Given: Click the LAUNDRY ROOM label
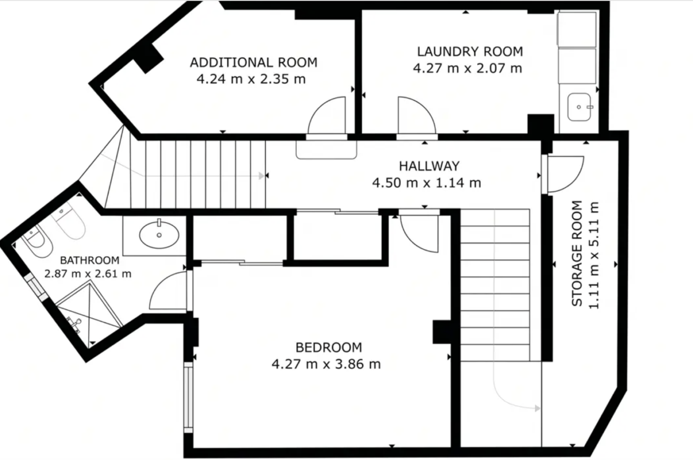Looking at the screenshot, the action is click(x=470, y=52).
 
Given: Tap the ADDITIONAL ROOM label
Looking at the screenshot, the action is click(x=254, y=63).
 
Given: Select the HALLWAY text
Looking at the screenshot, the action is click(x=429, y=166).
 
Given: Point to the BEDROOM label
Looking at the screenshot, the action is click(x=329, y=348).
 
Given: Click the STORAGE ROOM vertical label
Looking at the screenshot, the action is click(x=577, y=254).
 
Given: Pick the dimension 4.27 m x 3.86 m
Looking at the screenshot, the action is click(x=326, y=364).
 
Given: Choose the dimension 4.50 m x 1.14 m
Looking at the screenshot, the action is click(x=427, y=183).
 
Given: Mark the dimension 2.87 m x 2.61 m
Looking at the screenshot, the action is click(x=88, y=274).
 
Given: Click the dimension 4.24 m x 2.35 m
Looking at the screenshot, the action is click(x=251, y=79).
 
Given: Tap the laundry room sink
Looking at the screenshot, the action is click(x=579, y=107).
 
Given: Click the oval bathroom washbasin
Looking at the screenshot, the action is click(x=159, y=235).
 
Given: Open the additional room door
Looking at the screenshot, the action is click(x=327, y=116).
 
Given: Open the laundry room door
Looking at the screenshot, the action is click(x=417, y=116).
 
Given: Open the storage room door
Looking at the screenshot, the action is click(x=566, y=174).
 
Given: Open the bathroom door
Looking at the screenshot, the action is click(x=168, y=290).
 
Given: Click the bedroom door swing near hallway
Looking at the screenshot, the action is click(x=420, y=234).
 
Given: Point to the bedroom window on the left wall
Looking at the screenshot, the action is click(x=188, y=397).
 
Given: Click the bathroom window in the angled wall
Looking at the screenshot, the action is click(x=36, y=287).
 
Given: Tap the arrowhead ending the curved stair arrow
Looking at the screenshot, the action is click(x=538, y=408).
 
